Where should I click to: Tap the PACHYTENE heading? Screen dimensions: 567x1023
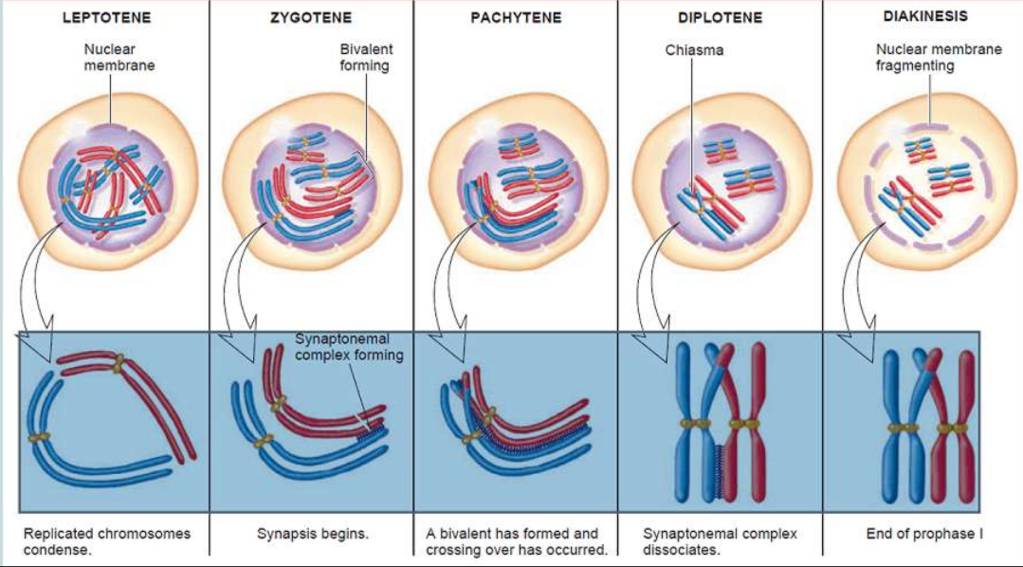516,18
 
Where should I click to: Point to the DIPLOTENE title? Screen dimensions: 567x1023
720,18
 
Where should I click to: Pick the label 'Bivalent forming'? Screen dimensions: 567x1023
366,57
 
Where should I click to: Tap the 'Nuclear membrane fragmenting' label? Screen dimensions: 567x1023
938,57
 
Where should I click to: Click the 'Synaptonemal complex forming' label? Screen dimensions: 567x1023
349,347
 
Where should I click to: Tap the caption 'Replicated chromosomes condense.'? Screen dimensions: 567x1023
106,541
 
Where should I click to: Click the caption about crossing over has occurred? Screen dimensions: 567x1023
517,541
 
